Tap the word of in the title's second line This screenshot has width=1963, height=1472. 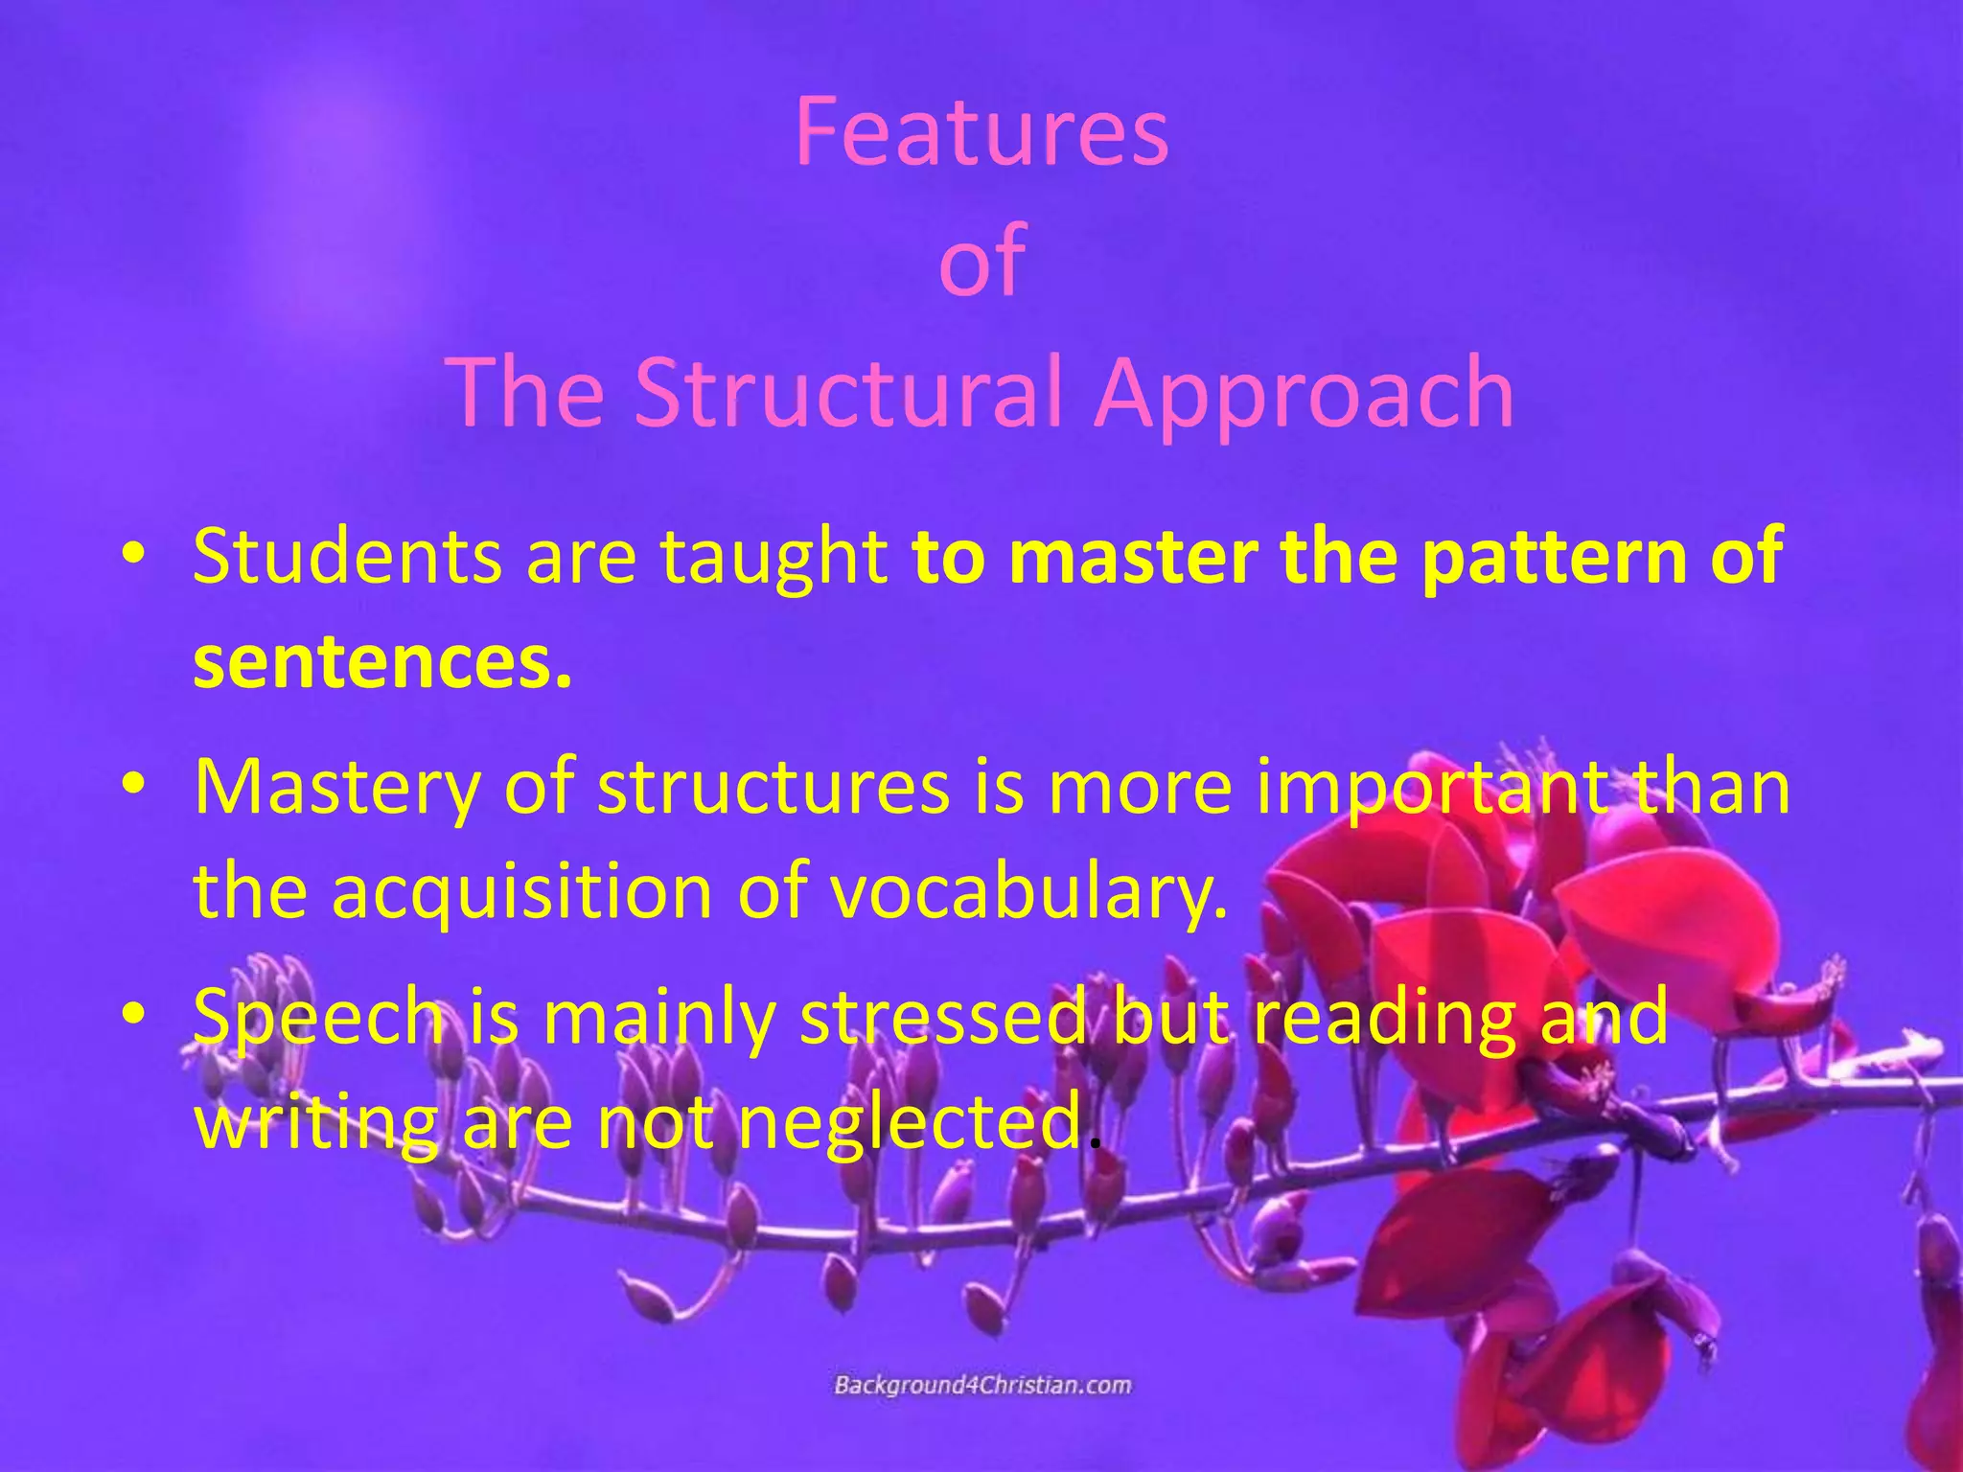[x=981, y=261]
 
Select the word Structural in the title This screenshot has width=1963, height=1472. [x=848, y=393]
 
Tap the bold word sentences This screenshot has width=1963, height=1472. [x=381, y=663]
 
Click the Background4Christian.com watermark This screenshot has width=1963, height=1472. [x=982, y=1386]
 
